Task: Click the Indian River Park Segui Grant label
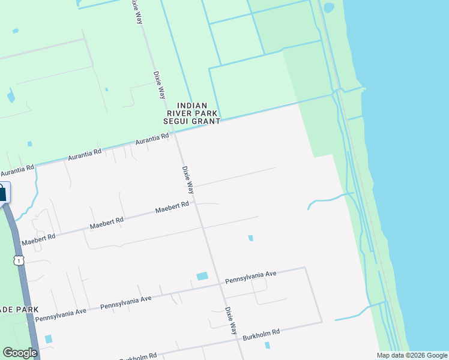[x=192, y=113]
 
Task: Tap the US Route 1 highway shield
[x=20, y=260]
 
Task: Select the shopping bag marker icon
[x=2, y=193]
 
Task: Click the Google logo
[x=20, y=353]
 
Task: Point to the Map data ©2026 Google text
[x=412, y=355]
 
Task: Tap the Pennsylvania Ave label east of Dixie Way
[x=250, y=277]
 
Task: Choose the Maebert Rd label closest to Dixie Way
[x=172, y=208]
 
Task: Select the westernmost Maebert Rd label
[x=38, y=239]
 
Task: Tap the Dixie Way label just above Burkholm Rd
[x=231, y=321]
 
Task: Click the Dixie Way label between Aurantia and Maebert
[x=188, y=180]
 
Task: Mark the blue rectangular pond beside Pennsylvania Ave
[x=202, y=277]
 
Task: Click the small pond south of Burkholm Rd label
[x=267, y=345]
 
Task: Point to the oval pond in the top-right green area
[x=328, y=8]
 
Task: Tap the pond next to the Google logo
[x=49, y=339]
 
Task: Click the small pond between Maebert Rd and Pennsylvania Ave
[x=250, y=238]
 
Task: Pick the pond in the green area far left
[x=11, y=96]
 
